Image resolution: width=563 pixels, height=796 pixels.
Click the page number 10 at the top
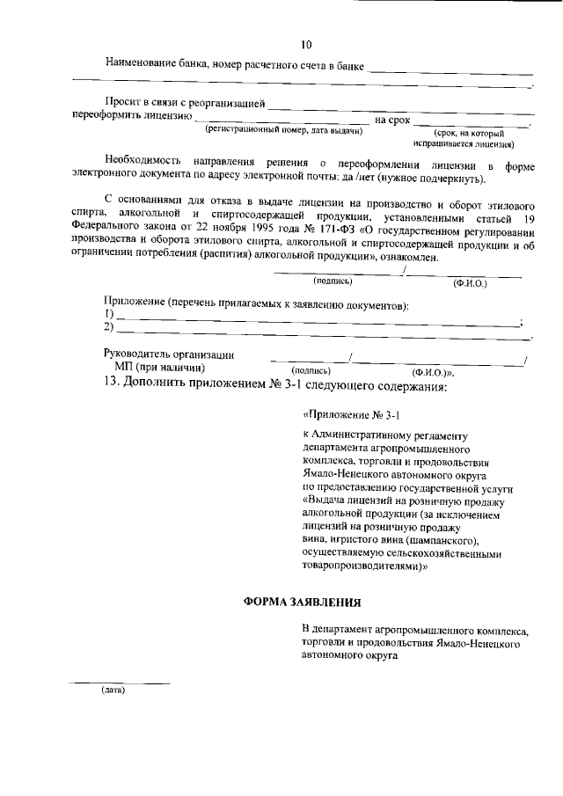(x=305, y=45)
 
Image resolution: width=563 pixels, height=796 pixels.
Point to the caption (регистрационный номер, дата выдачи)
(x=283, y=130)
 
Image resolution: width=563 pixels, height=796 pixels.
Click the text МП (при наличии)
(x=159, y=368)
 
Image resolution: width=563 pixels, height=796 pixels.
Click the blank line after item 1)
(x=317, y=318)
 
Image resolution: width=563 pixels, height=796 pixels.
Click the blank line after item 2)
(x=317, y=331)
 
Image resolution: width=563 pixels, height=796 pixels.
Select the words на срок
(x=392, y=118)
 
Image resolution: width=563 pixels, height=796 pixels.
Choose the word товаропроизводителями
(x=364, y=567)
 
